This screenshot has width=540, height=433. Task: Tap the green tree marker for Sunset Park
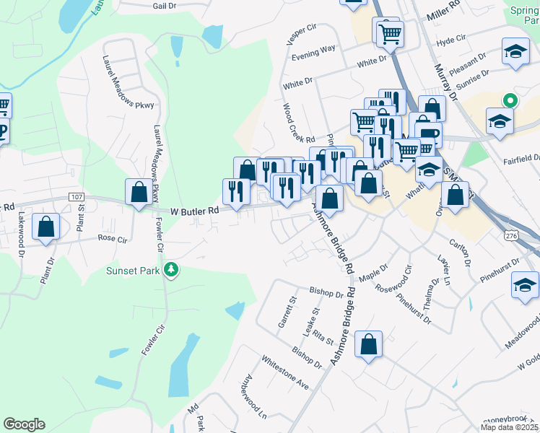[171, 271]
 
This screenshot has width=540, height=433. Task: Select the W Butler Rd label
[194, 211]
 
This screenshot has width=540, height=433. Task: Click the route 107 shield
[77, 197]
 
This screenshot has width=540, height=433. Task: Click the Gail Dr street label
[165, 5]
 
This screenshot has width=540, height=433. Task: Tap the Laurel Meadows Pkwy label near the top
[129, 83]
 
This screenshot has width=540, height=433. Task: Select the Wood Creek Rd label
[299, 123]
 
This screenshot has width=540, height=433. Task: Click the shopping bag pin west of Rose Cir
[46, 227]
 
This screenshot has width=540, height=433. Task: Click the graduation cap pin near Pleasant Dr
[515, 52]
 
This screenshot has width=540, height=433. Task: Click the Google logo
[24, 424]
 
